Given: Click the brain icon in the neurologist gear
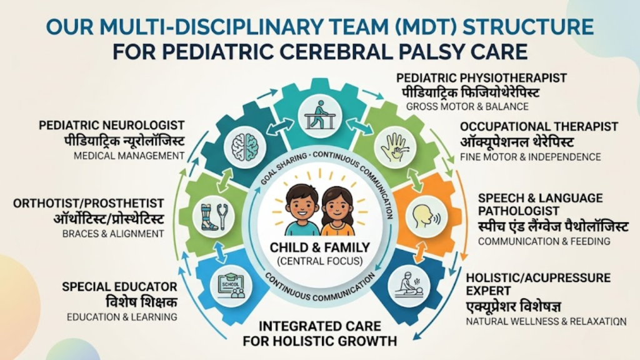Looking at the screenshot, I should [x=241, y=148].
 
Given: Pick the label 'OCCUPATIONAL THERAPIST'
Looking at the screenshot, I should [x=539, y=127].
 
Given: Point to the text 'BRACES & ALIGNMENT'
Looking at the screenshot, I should [x=112, y=234].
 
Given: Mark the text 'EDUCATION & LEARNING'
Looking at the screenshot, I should [x=122, y=317].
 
